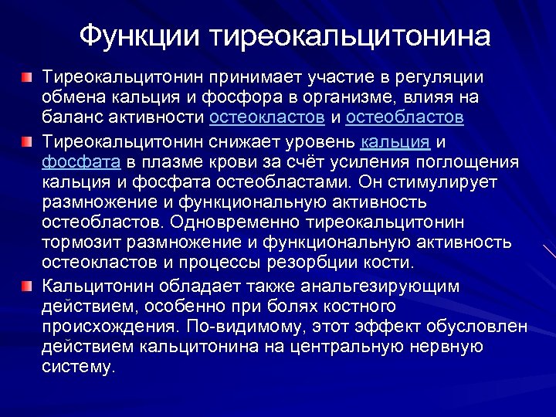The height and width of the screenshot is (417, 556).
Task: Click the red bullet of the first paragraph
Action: [x=27, y=79]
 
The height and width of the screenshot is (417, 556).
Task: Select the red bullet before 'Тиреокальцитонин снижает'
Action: [x=27, y=143]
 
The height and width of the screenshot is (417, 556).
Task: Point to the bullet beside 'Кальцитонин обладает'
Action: [x=27, y=286]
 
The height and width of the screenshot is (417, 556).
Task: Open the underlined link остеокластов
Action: [x=266, y=118]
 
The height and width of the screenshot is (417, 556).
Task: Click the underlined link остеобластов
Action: [x=405, y=118]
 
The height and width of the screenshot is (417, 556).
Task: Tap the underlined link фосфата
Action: [x=81, y=163]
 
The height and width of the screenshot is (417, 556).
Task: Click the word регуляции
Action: [x=439, y=78]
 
